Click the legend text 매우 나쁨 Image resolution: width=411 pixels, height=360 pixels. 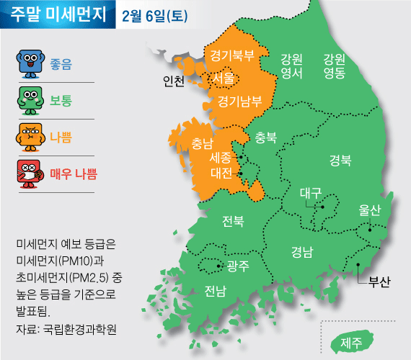click(x=74, y=173)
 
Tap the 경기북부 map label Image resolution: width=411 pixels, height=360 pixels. click(x=231, y=54)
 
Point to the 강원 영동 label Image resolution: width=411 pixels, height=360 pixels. click(x=334, y=66)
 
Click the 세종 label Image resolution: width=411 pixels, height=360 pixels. click(x=221, y=156)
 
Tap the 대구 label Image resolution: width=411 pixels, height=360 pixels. click(x=310, y=193)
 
